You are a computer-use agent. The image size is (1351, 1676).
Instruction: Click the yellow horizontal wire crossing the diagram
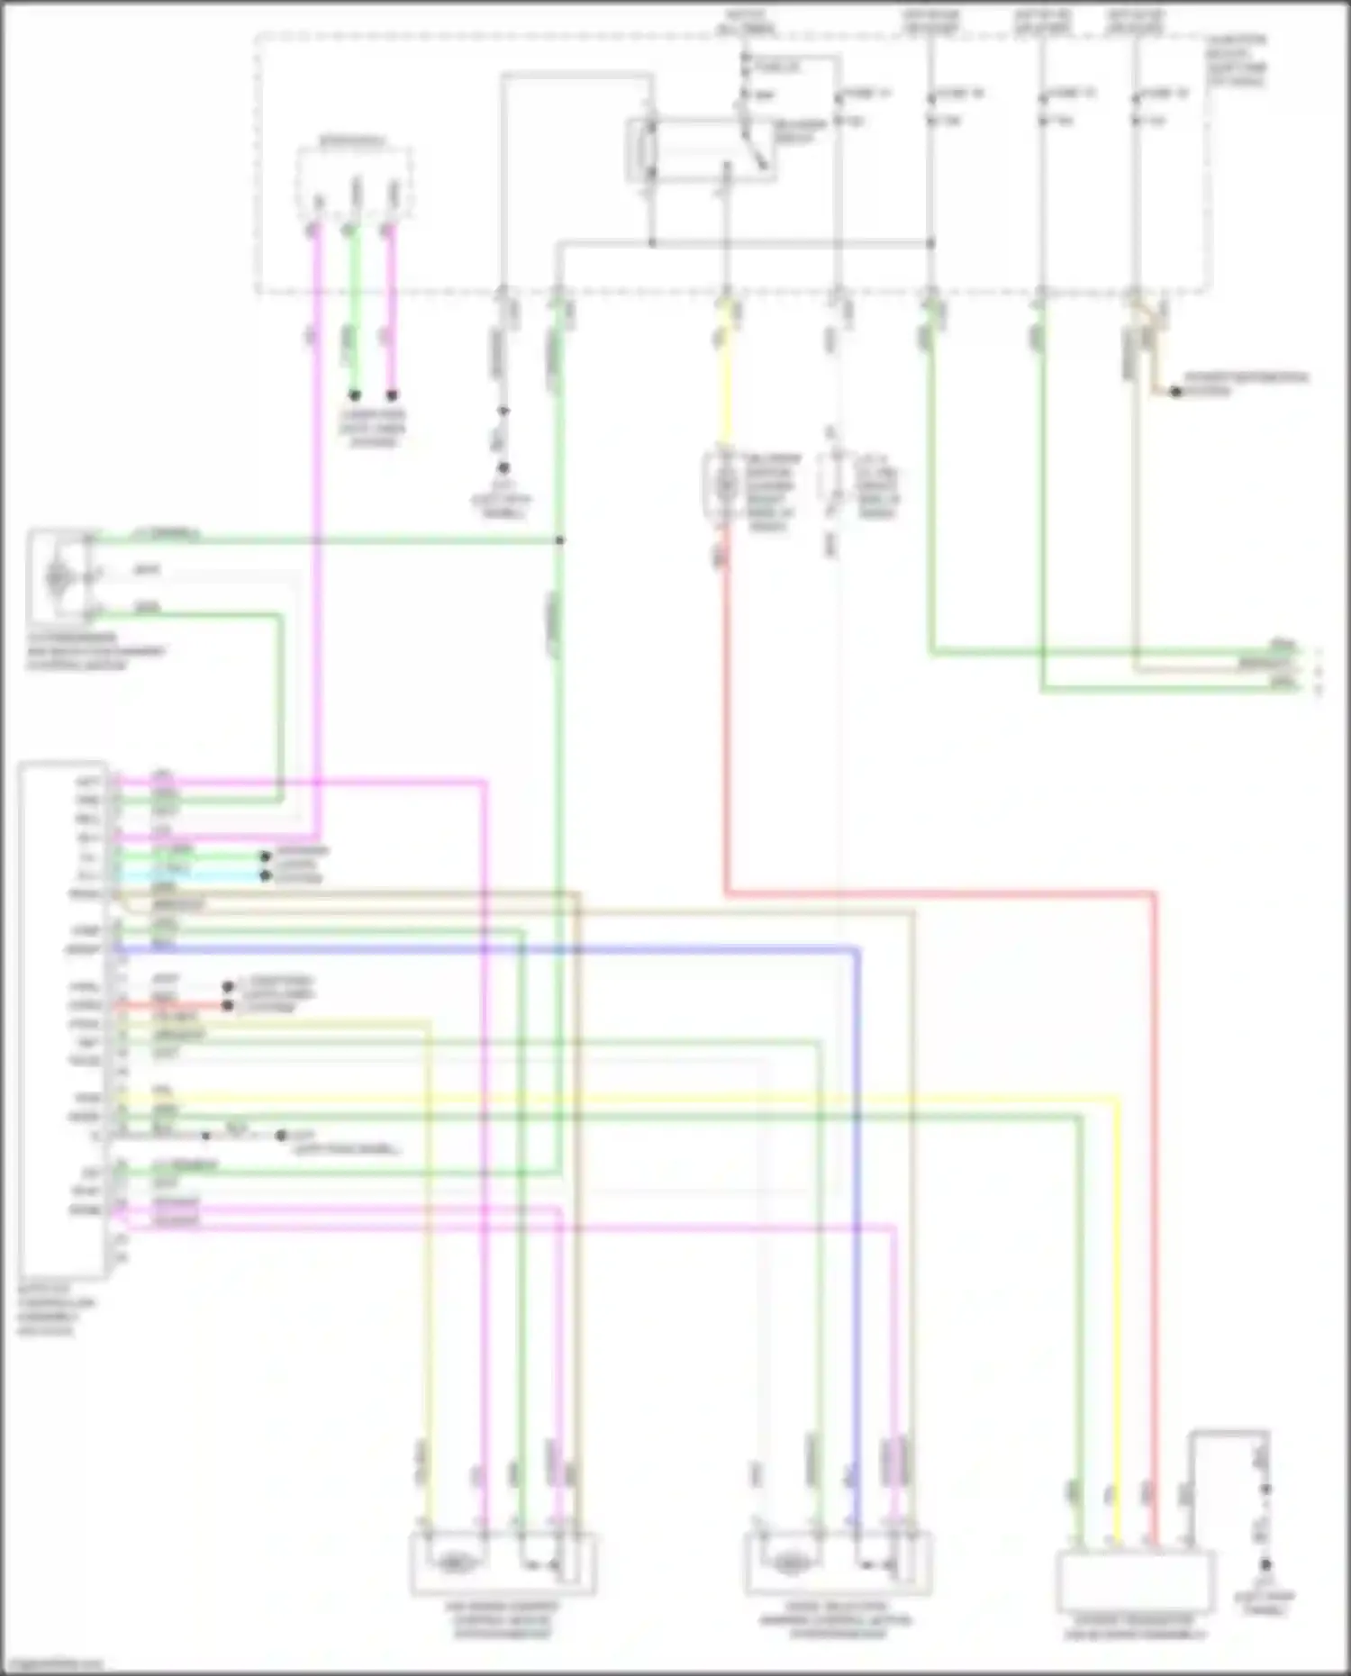(x=630, y=1098)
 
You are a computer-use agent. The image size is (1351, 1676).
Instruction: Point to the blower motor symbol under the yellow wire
(x=726, y=486)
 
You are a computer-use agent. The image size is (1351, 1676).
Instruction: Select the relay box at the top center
(x=701, y=149)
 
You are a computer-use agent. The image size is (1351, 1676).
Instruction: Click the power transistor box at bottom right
(x=1136, y=1581)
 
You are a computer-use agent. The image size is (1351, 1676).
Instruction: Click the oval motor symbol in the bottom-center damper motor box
(x=791, y=1563)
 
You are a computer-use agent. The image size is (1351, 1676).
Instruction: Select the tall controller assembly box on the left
(x=63, y=1018)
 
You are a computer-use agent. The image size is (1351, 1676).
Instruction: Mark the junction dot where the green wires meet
(x=560, y=540)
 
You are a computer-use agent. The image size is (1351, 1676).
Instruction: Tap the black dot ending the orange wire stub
(x=1175, y=392)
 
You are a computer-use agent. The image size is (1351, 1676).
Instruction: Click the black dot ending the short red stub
(x=228, y=1005)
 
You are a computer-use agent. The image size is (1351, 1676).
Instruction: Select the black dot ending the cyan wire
(x=266, y=875)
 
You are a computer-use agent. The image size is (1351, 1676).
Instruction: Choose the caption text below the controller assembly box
(x=56, y=1309)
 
